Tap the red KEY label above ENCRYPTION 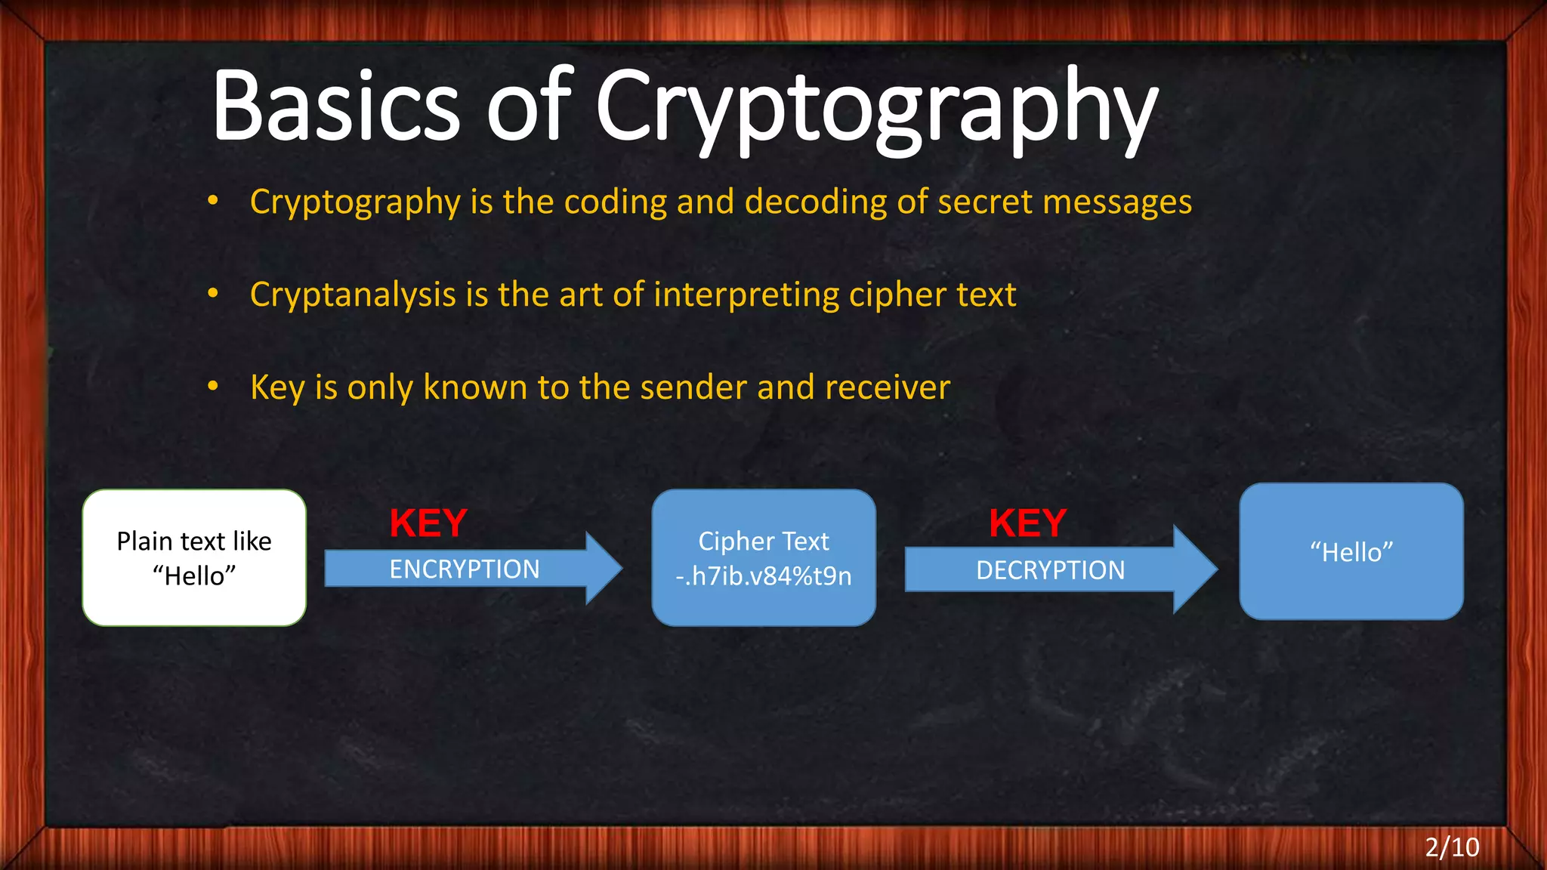428,523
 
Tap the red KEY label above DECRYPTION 1028,523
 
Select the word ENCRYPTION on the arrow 465,569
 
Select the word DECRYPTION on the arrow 1051,570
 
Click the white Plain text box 194,557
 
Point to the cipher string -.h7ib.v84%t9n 764,576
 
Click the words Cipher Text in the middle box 764,541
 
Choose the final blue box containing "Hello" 1351,552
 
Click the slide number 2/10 1452,847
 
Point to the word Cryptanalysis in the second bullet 353,295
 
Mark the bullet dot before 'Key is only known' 213,387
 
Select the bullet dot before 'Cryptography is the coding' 213,201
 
